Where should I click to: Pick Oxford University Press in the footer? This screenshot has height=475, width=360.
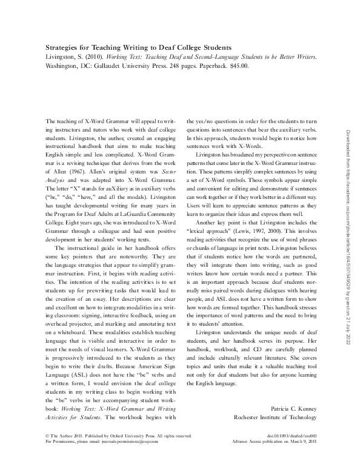point(111,453)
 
